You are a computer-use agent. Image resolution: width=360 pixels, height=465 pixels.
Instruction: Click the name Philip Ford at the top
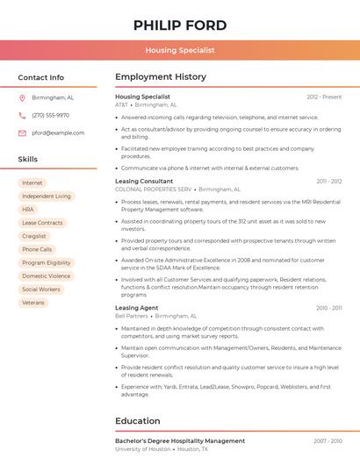(x=180, y=25)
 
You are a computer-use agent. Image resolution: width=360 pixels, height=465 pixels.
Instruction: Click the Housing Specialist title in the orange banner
(x=180, y=51)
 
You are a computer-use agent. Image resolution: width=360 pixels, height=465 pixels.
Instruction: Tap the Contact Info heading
(x=40, y=77)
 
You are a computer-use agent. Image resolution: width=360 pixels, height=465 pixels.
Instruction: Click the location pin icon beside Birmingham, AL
(x=22, y=98)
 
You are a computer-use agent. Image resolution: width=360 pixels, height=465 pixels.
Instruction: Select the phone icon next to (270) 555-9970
(x=22, y=116)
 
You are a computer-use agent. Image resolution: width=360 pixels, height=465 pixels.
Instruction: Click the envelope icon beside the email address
(x=22, y=133)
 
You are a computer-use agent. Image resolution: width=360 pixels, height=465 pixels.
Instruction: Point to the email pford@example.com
(x=58, y=133)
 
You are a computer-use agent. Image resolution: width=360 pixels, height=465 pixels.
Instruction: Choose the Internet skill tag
(x=32, y=183)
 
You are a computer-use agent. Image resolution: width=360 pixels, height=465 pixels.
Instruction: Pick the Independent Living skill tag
(x=47, y=197)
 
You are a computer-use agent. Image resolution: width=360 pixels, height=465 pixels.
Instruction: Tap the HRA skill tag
(x=28, y=210)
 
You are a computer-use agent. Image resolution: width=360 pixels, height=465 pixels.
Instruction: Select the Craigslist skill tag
(x=34, y=236)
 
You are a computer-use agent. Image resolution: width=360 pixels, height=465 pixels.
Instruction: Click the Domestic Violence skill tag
(x=47, y=275)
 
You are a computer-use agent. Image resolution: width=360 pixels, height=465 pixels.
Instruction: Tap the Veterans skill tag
(x=33, y=302)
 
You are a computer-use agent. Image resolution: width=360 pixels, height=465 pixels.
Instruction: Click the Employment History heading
(x=161, y=77)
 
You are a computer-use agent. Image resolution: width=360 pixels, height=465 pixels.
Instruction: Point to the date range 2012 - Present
(x=324, y=97)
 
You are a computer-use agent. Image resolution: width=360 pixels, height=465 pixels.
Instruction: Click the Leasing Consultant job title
(x=144, y=181)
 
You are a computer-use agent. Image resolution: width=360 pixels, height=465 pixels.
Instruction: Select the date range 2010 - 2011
(x=328, y=308)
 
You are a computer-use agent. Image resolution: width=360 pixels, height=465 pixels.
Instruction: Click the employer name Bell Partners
(x=132, y=316)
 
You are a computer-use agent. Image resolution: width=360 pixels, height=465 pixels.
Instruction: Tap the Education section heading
(x=138, y=421)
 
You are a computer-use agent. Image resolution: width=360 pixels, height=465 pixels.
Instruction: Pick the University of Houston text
(x=143, y=448)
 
